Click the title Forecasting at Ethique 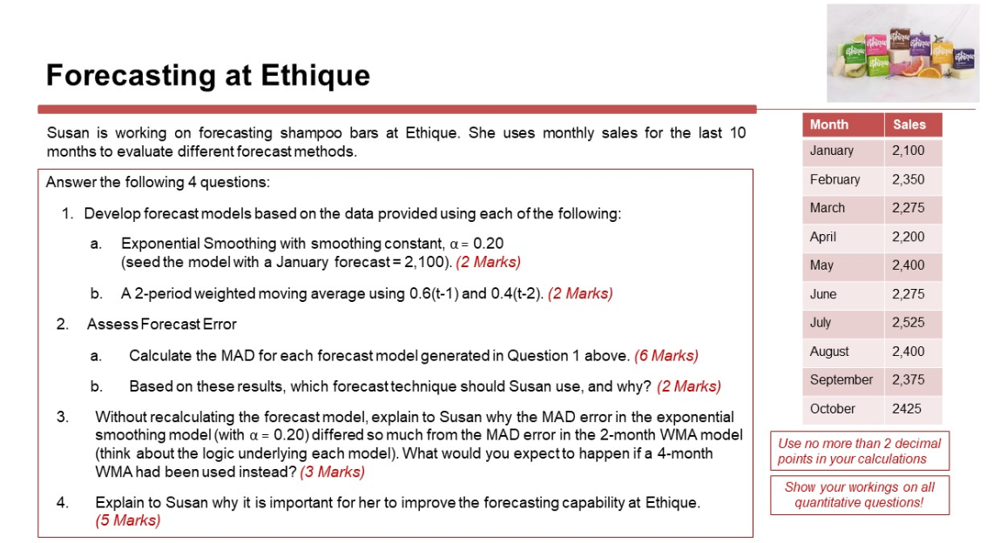pos(208,75)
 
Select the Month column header pos(829,125)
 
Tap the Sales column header pos(909,125)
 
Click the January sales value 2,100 pos(909,151)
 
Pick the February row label pos(834,180)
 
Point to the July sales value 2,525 pos(909,323)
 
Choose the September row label pos(841,380)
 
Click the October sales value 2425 pos(906,408)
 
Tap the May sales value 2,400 pos(909,265)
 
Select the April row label pos(822,237)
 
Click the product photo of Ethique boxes pos(903,53)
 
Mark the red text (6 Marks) pos(666,356)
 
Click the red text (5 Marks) pos(127,520)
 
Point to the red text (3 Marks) pos(332,473)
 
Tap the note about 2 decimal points pos(859,452)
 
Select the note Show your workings pos(859,495)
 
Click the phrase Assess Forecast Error pos(162,325)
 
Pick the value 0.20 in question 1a pos(489,244)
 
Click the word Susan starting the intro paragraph pos(68,133)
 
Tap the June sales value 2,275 pos(909,294)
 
